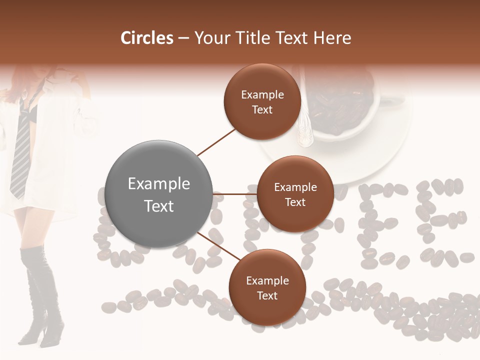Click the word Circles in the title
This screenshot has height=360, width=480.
147,38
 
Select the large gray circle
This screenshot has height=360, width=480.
159,194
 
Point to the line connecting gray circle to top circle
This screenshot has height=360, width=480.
216,142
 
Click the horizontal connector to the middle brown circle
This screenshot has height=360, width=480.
235,194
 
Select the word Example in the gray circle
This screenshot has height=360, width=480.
159,184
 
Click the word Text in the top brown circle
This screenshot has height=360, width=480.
262,109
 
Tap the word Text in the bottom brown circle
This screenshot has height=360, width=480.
267,295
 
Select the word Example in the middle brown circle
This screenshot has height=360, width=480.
295,187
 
